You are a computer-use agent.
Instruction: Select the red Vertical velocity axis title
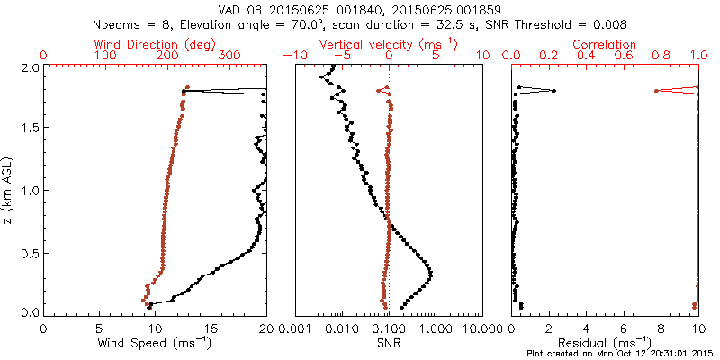389,44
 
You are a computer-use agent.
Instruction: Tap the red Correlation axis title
605,44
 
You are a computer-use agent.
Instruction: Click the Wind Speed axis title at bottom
154,343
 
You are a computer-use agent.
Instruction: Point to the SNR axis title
389,343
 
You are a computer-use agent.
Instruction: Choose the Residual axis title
605,343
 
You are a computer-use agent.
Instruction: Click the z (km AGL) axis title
8,190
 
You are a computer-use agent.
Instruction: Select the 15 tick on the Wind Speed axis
210,328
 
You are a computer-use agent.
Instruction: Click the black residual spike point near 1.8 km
553,90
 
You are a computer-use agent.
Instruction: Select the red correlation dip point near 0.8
656,90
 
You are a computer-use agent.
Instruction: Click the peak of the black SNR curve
430,274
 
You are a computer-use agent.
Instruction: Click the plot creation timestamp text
621,353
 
